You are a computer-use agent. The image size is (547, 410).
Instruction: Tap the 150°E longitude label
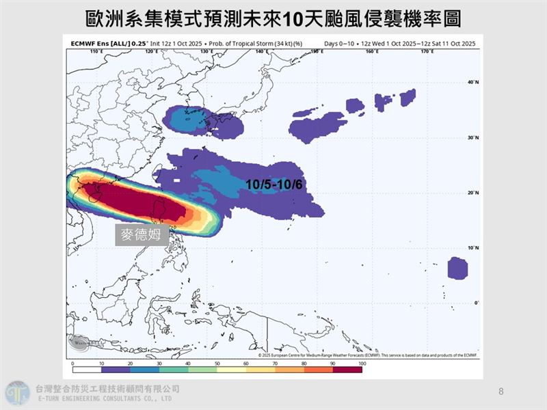(x=317, y=51)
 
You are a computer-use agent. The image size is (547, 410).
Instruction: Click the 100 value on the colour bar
(x=362, y=364)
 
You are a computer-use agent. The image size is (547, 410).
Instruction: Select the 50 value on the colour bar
(x=217, y=364)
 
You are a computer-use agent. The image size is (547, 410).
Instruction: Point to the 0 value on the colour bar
(x=72, y=364)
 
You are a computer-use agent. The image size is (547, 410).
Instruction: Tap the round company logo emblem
(x=17, y=394)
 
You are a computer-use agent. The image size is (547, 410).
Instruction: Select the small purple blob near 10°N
(x=457, y=268)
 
